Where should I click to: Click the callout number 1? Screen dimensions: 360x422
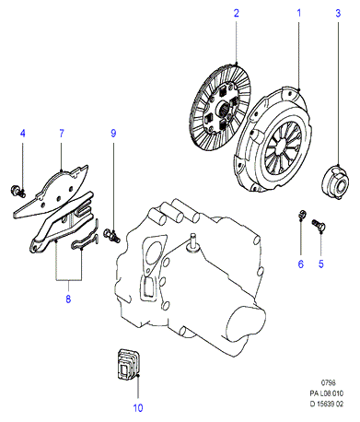tap(298, 13)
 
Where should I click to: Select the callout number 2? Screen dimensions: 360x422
tap(236, 13)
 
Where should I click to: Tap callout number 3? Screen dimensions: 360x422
tap(338, 13)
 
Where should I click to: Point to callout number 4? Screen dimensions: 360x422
tap(22, 134)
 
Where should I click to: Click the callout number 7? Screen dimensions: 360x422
tap(62, 134)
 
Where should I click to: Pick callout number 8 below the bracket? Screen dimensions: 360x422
tap(68, 299)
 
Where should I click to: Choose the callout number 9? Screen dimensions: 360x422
tap(113, 134)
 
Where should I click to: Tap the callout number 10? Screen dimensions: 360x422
tap(138, 408)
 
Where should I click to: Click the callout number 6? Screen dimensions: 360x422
tap(301, 264)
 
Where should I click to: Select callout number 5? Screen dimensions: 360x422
tap(321, 264)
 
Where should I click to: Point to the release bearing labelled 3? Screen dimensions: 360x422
tap(335, 182)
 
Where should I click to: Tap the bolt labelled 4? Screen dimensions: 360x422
tap(17, 191)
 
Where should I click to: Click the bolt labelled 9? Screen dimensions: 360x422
tap(111, 235)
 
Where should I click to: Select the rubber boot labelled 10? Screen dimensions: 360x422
tap(129, 366)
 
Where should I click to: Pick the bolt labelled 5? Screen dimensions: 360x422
tap(319, 225)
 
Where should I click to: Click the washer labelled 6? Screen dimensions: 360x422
tap(302, 214)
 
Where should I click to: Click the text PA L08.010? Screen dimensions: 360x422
tap(327, 393)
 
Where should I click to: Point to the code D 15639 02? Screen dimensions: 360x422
tap(327, 404)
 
